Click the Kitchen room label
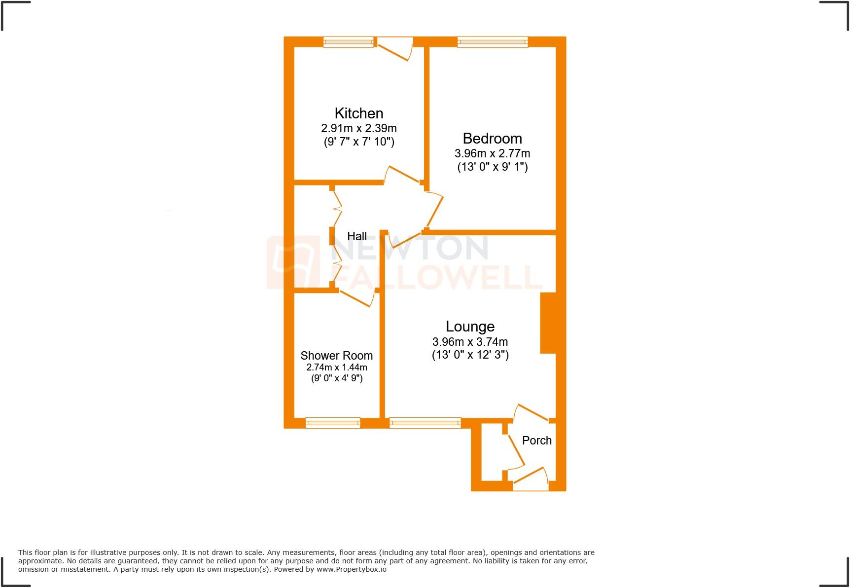pyautogui.click(x=358, y=113)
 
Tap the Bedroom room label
pyautogui.click(x=492, y=139)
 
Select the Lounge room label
pyautogui.click(x=470, y=327)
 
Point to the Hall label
pyautogui.click(x=357, y=236)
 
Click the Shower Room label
pyautogui.click(x=336, y=356)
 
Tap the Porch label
pyautogui.click(x=536, y=441)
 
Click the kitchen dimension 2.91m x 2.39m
pyautogui.click(x=358, y=128)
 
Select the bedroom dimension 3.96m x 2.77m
pyautogui.click(x=492, y=153)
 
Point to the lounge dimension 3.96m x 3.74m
pyautogui.click(x=470, y=342)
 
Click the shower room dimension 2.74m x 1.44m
pyautogui.click(x=336, y=367)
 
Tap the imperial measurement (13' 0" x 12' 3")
pyautogui.click(x=470, y=355)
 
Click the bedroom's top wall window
pyautogui.click(x=492, y=42)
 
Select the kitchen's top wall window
pyautogui.click(x=348, y=42)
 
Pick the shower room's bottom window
pyautogui.click(x=332, y=423)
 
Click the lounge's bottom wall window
pyautogui.click(x=425, y=423)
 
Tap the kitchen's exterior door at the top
pyautogui.click(x=394, y=48)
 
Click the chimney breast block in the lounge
pyautogui.click(x=548, y=323)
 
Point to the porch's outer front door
pyautogui.click(x=530, y=478)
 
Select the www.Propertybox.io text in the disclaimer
pyautogui.click(x=352, y=569)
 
